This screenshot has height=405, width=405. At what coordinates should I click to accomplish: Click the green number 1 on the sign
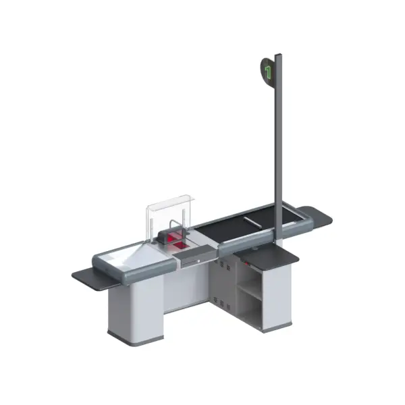[268, 70]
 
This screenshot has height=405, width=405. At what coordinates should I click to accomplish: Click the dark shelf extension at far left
[85, 275]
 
